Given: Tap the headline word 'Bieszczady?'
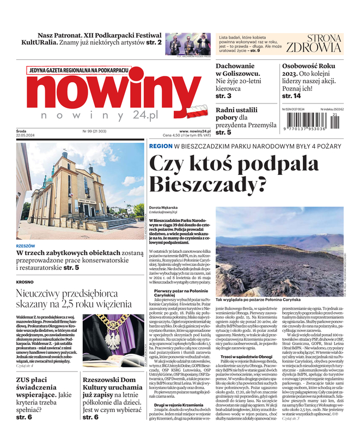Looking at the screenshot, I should coord(208,185).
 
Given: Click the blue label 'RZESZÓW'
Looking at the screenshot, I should coord(26,246).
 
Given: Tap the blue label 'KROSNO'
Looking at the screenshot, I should coord(25,282).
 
